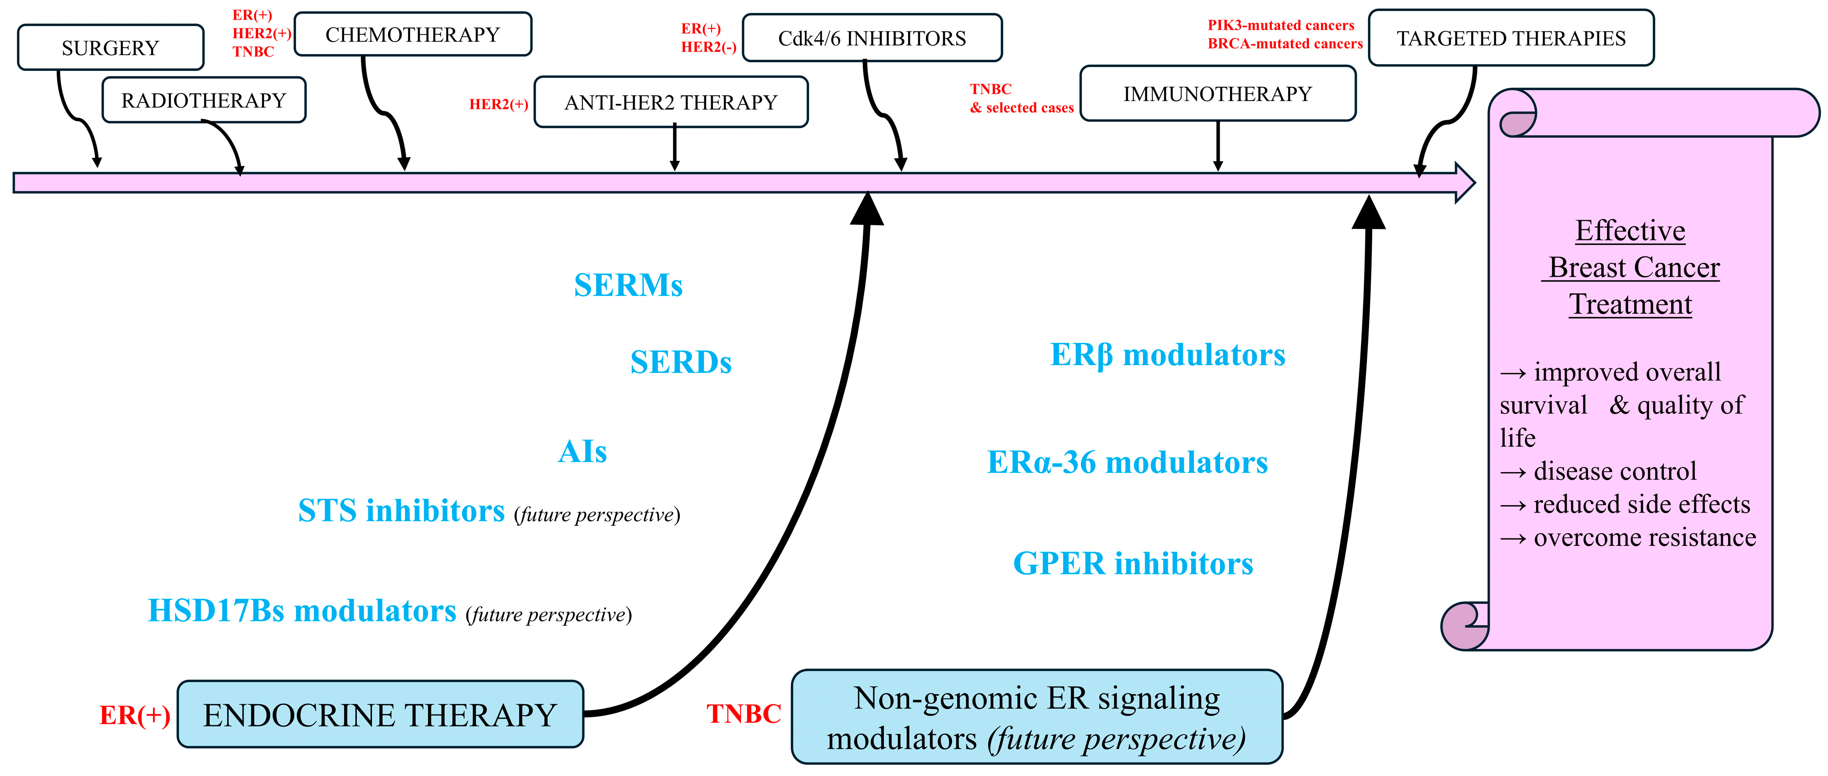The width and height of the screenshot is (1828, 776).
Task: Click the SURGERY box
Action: [111, 47]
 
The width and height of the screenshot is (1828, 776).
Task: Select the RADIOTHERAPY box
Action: [204, 100]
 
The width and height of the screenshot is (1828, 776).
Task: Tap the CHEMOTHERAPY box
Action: [413, 34]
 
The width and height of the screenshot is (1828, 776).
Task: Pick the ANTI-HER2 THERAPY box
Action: [671, 102]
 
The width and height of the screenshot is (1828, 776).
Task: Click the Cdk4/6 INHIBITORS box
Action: [872, 38]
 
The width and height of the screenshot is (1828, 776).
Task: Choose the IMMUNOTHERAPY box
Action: [1218, 93]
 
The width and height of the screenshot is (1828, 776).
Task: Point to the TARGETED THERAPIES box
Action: [1511, 38]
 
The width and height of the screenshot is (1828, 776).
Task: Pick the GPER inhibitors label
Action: [1133, 563]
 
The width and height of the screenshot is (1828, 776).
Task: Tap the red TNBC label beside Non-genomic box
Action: [744, 714]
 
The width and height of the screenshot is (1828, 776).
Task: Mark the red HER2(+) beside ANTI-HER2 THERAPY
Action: [499, 104]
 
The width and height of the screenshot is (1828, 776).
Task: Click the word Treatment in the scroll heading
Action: [1630, 304]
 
